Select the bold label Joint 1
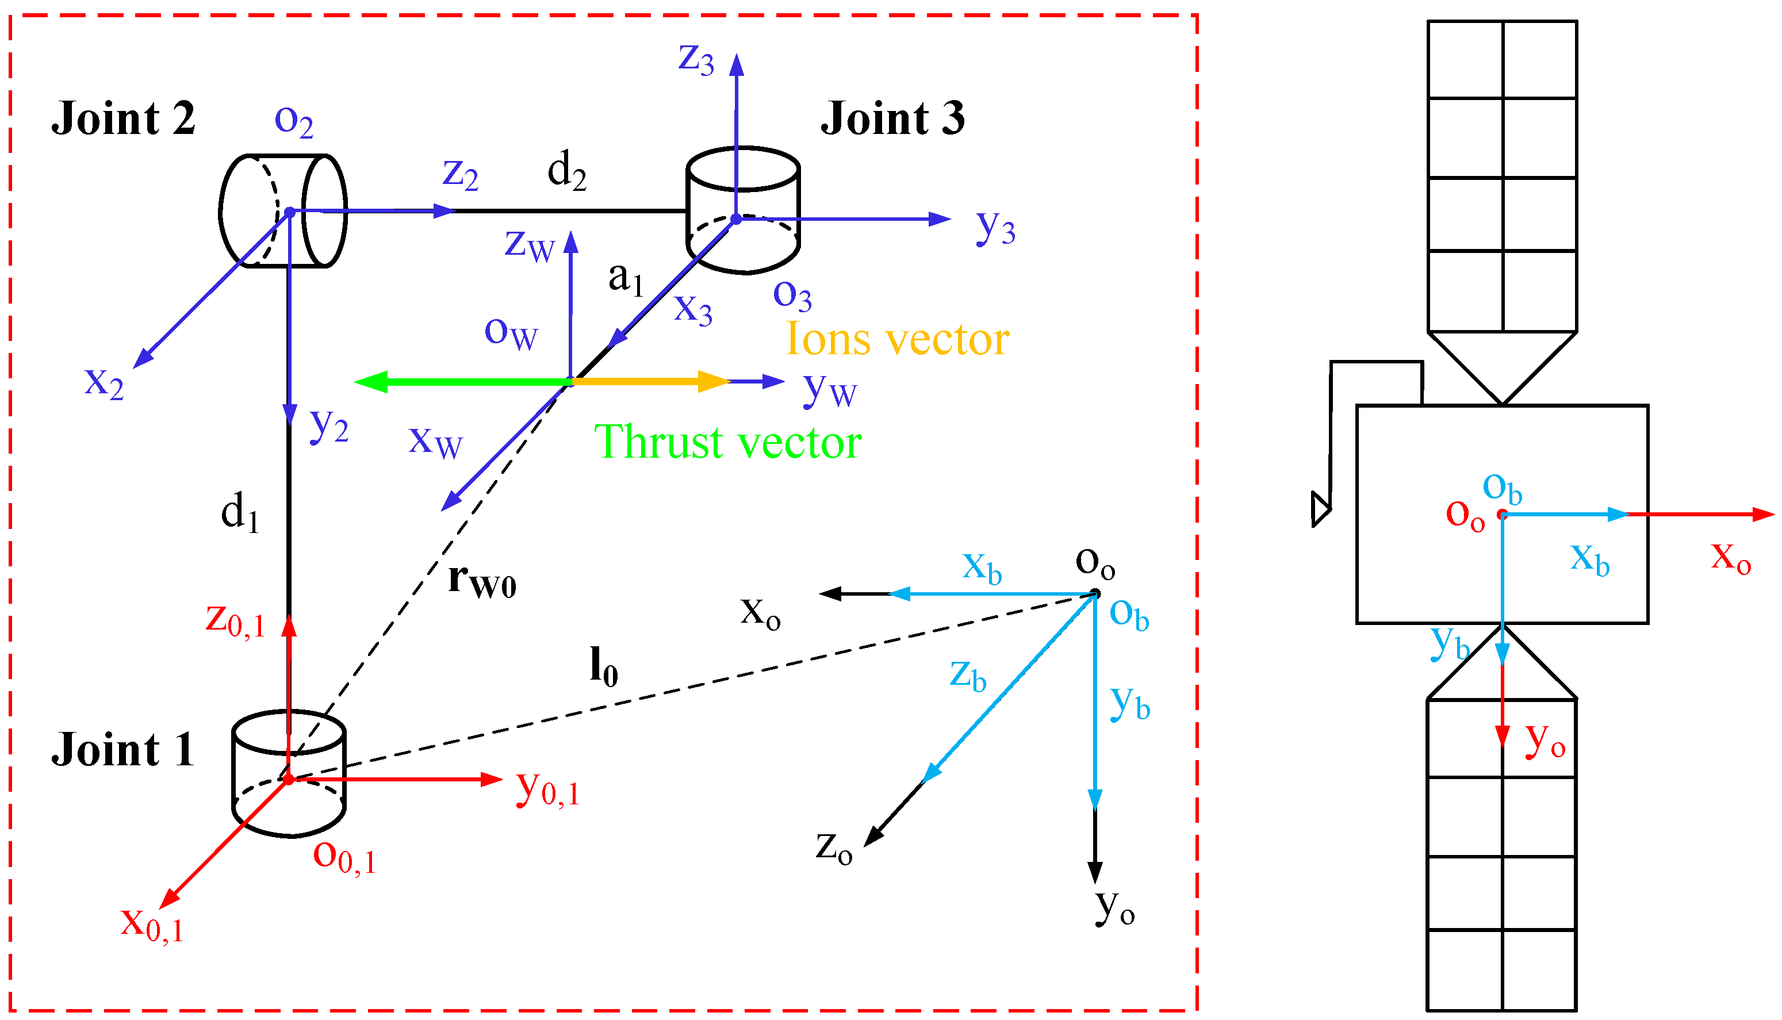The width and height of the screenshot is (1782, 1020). (123, 750)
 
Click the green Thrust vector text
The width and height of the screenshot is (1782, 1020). (727, 442)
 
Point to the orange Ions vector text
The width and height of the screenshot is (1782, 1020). (896, 339)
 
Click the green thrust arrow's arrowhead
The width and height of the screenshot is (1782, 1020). (370, 382)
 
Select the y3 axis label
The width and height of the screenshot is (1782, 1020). (995, 227)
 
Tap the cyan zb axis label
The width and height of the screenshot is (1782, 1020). (967, 676)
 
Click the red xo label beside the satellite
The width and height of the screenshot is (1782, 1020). (1731, 557)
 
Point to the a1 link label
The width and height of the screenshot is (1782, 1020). (625, 278)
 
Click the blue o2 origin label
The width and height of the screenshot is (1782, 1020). (293, 121)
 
